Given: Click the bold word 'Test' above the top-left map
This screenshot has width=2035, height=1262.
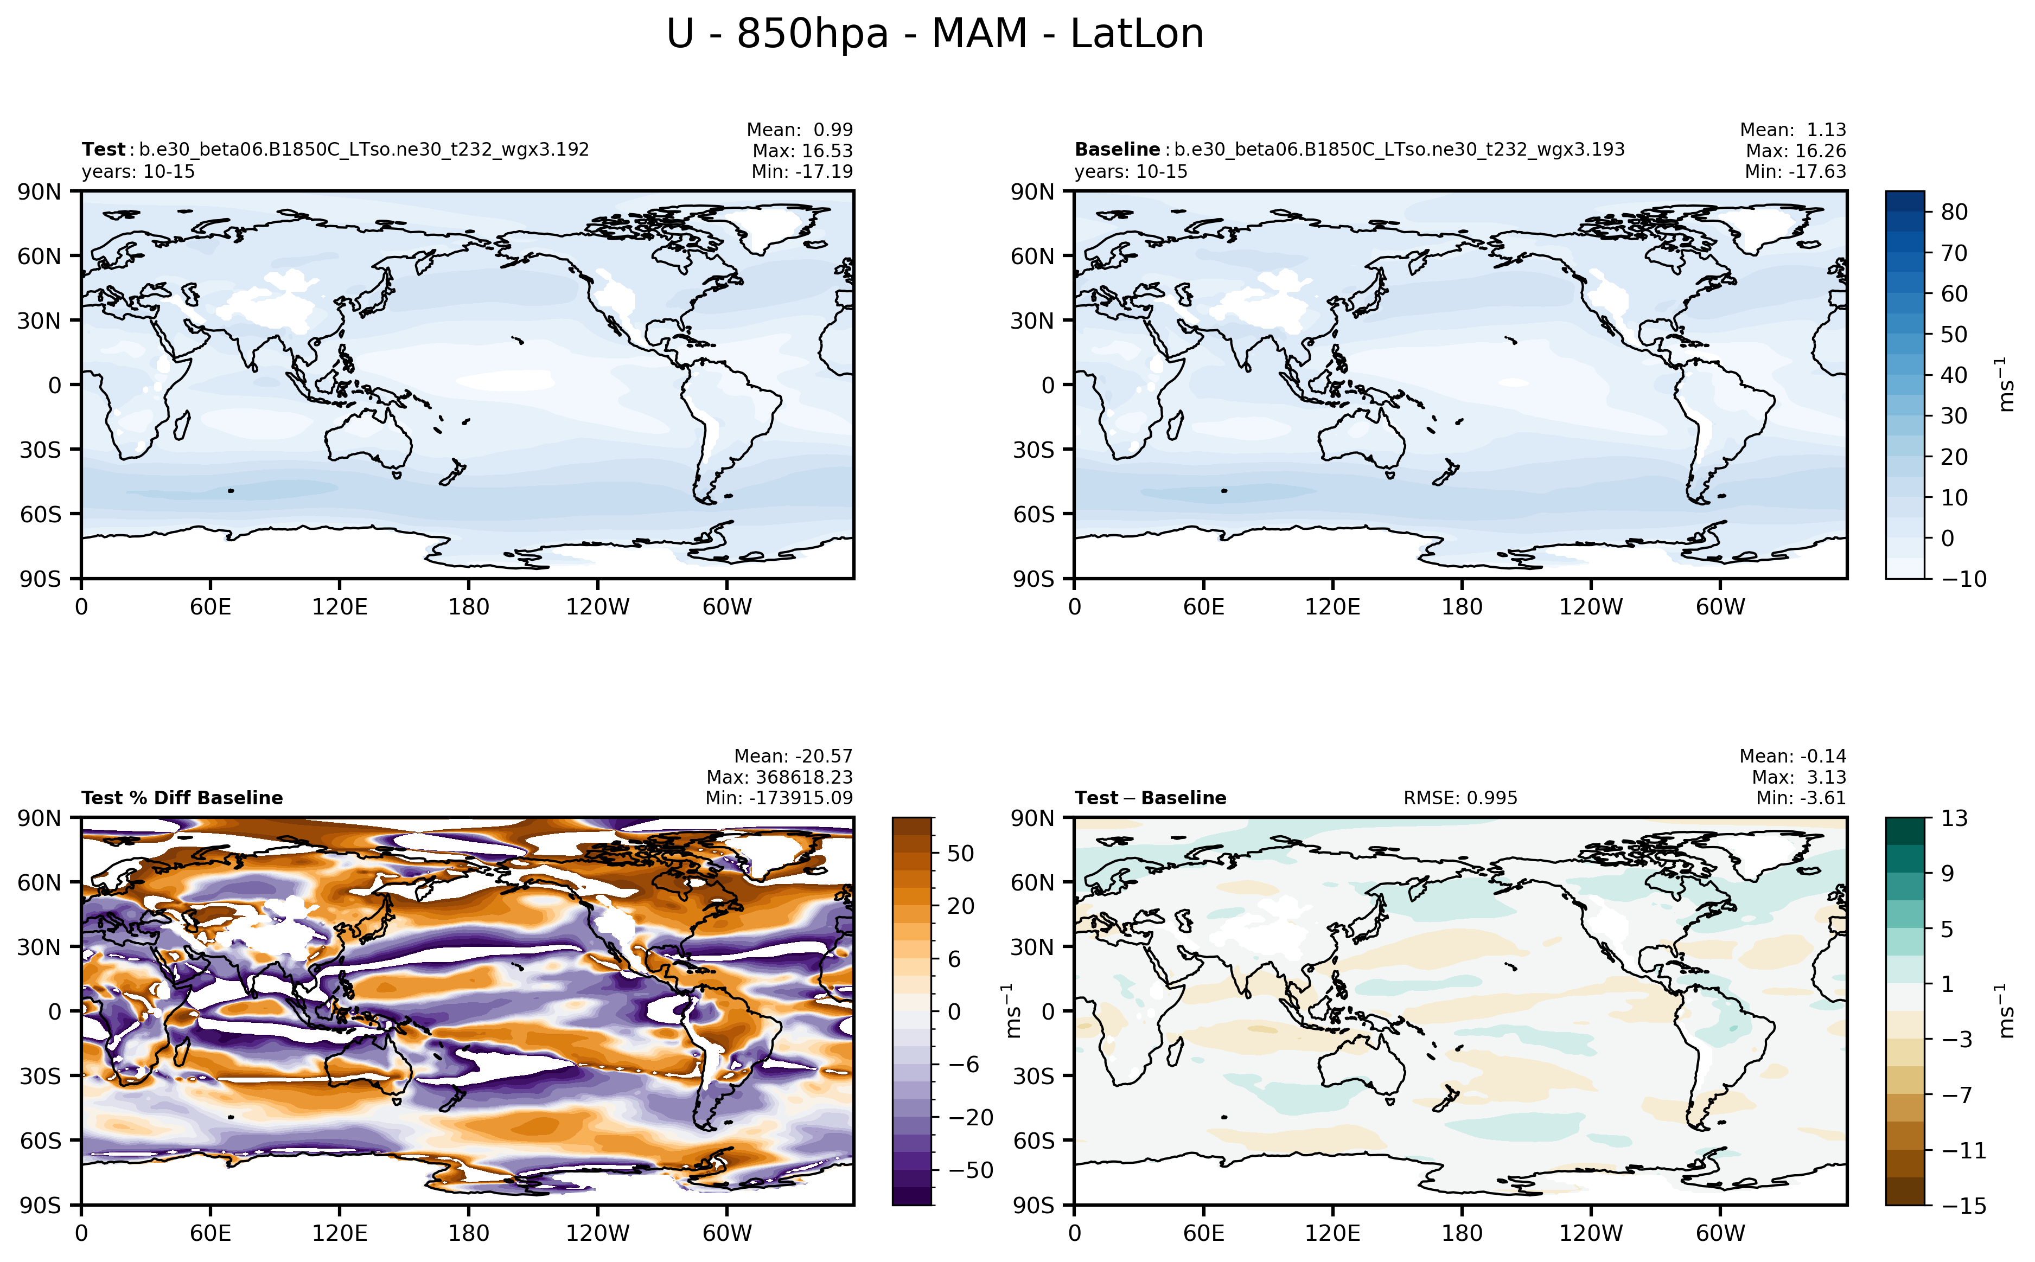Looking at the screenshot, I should [x=103, y=149].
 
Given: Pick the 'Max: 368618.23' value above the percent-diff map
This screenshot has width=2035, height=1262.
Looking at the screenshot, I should [x=779, y=777].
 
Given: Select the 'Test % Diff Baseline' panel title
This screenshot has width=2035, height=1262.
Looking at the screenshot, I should [x=182, y=798].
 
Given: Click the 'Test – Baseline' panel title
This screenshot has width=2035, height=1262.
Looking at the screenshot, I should [x=1150, y=798].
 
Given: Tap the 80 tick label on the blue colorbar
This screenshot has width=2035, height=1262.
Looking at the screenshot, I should [x=1954, y=212].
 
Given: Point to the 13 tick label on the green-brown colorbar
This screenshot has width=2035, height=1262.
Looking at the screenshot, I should [x=1954, y=818].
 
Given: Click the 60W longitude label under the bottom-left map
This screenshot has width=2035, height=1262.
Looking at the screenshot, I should [x=726, y=1233].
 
